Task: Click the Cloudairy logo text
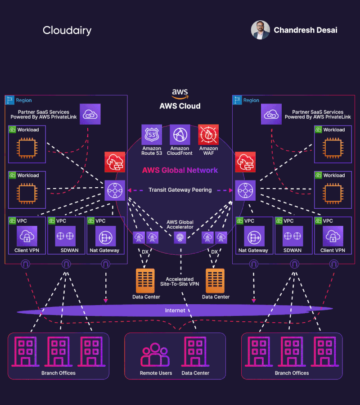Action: click(67, 31)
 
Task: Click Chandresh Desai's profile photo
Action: click(260, 30)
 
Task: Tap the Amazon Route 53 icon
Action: click(152, 135)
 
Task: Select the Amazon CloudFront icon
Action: click(180, 135)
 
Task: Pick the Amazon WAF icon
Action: click(208, 135)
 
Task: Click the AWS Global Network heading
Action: click(180, 170)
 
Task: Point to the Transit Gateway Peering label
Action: click(180, 190)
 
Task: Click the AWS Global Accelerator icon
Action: click(180, 237)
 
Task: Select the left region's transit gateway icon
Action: click(115, 190)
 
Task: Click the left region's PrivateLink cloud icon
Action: click(90, 114)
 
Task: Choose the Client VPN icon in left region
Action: click(27, 236)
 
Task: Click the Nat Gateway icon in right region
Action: click(254, 236)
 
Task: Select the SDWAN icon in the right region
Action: click(293, 236)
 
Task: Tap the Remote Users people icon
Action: click(155, 355)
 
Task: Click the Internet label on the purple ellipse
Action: click(175, 310)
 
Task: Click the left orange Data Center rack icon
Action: click(145, 280)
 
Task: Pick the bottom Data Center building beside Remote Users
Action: click(195, 352)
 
